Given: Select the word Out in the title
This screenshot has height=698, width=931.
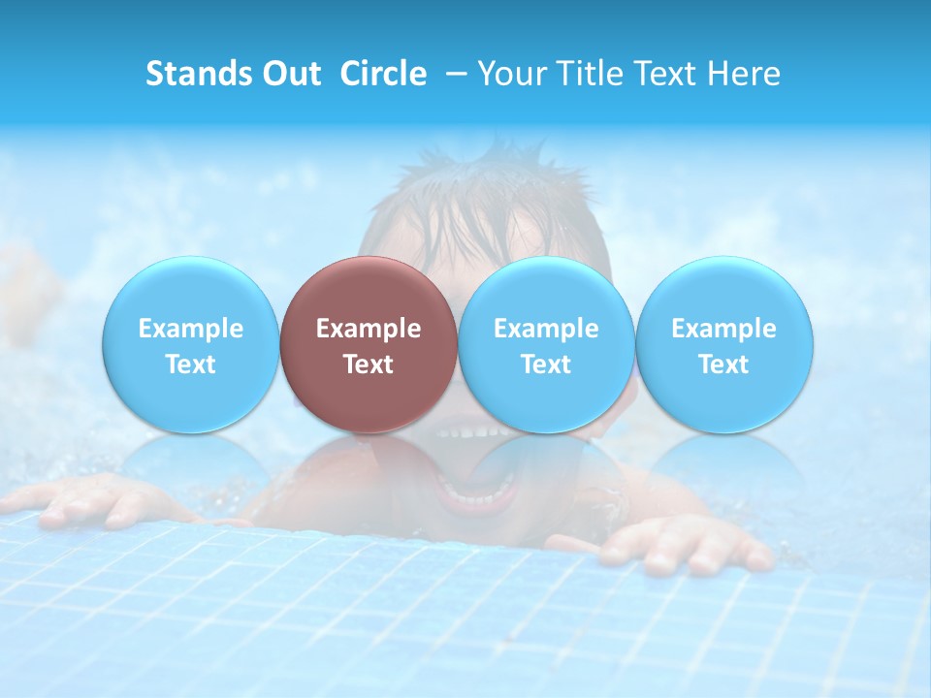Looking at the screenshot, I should pyautogui.click(x=289, y=74).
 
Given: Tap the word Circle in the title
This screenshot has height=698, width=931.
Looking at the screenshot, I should pyautogui.click(x=383, y=74).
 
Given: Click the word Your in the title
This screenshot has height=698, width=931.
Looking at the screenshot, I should pyautogui.click(x=509, y=74).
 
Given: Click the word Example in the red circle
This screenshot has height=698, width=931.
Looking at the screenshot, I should pyautogui.click(x=369, y=329).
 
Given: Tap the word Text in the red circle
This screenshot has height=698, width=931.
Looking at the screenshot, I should pyautogui.click(x=369, y=365).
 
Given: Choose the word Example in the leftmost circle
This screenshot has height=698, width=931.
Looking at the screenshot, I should pyautogui.click(x=191, y=329).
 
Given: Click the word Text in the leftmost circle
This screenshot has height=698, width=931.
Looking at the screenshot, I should pyautogui.click(x=191, y=365).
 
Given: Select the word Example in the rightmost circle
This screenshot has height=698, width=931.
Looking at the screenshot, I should pyautogui.click(x=723, y=329).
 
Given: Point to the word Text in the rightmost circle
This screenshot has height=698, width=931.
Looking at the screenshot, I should pyautogui.click(x=723, y=365).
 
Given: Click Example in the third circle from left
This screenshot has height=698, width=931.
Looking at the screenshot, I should pyautogui.click(x=546, y=329).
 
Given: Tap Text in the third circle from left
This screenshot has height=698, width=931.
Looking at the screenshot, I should pyautogui.click(x=546, y=365).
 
